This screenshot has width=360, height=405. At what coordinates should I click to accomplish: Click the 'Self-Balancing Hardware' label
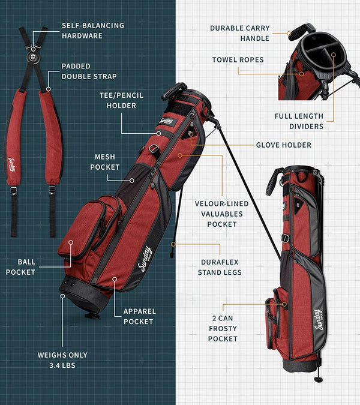pos(93,31)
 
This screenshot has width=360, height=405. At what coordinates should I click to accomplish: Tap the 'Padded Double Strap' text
pos(89,71)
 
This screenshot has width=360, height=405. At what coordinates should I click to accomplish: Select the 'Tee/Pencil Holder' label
pos(121,100)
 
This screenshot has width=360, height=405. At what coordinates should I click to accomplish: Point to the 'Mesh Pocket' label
pos(105,162)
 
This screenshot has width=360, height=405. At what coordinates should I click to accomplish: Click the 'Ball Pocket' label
pos(20,267)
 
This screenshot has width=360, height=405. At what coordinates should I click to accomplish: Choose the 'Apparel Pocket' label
pos(139,316)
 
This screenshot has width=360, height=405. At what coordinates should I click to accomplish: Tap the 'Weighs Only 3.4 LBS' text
pos(62,360)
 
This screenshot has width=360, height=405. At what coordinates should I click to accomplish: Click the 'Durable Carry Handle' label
pos(240,33)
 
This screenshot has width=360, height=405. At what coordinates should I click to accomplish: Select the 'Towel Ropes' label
pos(238,60)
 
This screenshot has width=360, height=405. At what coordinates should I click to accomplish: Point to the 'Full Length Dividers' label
pos(299,121)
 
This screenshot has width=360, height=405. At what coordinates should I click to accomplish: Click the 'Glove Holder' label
pos(284,145)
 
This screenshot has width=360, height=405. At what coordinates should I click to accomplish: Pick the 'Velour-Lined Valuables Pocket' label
pos(222,214)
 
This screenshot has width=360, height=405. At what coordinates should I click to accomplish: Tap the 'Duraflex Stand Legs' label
pos(220,267)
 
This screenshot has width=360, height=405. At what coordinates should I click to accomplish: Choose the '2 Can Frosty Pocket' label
pos(223,329)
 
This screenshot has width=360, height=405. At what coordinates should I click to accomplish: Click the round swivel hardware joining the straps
pos(33,57)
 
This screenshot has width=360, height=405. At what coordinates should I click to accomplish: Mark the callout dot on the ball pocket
pos(71,242)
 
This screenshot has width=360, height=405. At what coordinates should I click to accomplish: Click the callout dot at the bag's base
pos(62,296)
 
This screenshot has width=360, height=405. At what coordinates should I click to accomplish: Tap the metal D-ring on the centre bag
pos(154,149)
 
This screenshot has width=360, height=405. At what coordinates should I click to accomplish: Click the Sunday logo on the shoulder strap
pos(12,164)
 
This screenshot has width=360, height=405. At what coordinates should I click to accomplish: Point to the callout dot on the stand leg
pos(173,244)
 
